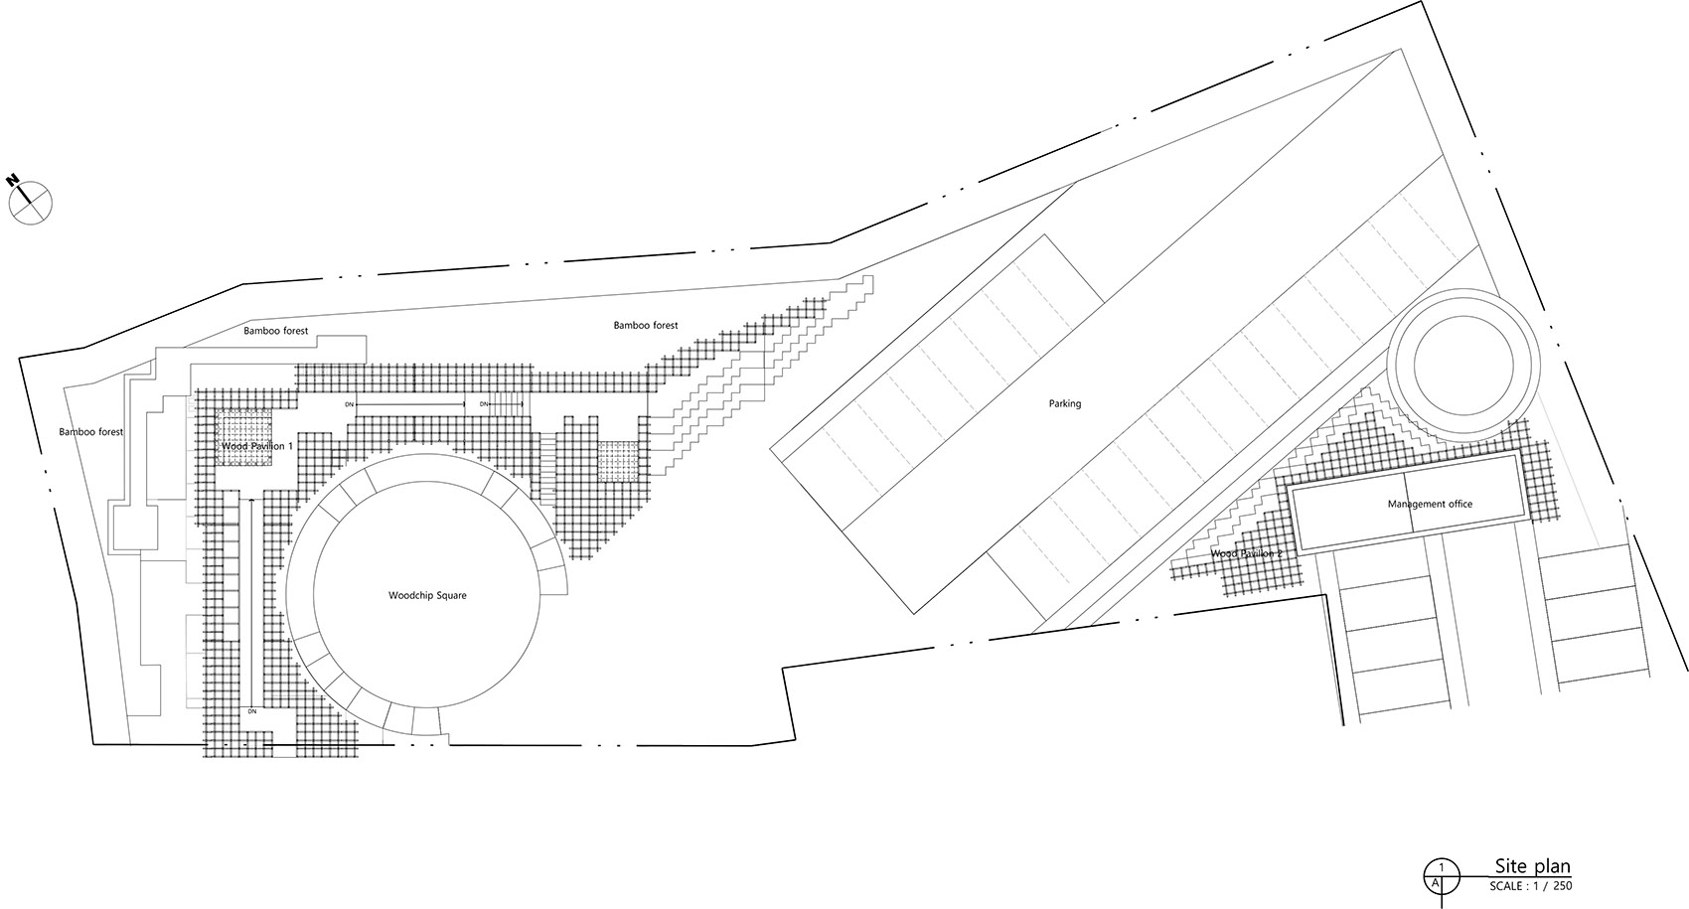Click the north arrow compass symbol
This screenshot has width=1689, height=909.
(30, 203)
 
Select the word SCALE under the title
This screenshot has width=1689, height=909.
(1508, 885)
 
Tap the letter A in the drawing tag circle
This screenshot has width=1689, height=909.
(1435, 881)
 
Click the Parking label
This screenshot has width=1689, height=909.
(1064, 404)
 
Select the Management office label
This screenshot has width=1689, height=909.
(1430, 505)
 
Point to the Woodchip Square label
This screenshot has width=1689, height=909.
(426, 596)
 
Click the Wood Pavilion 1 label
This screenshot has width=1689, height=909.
(256, 447)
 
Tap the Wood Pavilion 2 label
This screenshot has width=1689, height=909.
(1246, 553)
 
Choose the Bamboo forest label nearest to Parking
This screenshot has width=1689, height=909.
(645, 325)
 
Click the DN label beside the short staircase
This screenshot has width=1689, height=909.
(484, 404)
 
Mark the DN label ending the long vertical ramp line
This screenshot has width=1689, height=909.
(252, 711)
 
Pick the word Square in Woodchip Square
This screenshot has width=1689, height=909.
(450, 596)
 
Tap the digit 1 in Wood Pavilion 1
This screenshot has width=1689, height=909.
(290, 447)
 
